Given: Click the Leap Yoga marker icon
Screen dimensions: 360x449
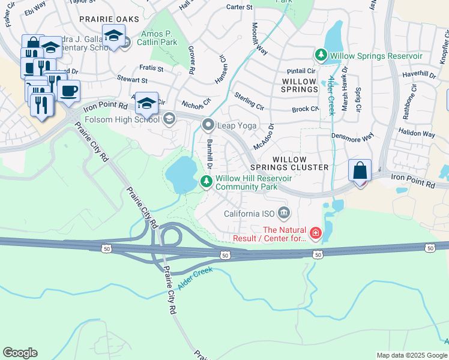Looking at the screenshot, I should coord(208,125).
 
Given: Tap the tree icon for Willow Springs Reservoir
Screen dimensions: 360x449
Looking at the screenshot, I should coord(321,56).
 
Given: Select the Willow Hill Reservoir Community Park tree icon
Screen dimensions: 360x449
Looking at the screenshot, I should coord(207,181).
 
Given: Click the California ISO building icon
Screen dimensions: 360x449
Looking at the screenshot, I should coord(285,213).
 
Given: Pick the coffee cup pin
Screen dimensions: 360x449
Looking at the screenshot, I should coord(69,91).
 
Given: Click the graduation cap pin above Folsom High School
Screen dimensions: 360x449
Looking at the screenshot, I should coord(146,103).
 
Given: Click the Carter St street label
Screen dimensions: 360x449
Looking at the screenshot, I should coord(239,7).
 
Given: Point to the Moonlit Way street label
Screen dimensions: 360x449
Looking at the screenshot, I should coord(259,38).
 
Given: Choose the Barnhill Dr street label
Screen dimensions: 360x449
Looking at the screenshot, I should coord(210,154).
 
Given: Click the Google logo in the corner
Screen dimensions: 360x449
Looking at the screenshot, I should coord(20,353).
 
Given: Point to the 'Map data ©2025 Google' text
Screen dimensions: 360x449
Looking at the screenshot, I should coord(411,355).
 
